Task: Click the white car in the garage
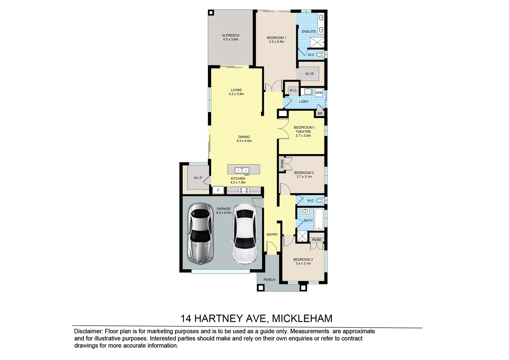pyautogui.click(x=245, y=234)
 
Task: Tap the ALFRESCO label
pyautogui.click(x=231, y=35)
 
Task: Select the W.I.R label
pyautogui.click(x=309, y=74)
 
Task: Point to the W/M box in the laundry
pyautogui.click(x=319, y=92)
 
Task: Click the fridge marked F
pyautogui.click(x=218, y=190)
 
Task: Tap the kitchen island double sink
pyautogui.click(x=242, y=170)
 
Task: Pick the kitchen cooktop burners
pyautogui.click(x=244, y=190)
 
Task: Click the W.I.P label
pyautogui.click(x=198, y=178)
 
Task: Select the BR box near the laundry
pyautogui.click(x=320, y=114)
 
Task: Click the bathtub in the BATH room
pyautogui.click(x=319, y=219)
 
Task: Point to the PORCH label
pyautogui.click(x=269, y=280)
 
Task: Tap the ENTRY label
pyautogui.click(x=272, y=235)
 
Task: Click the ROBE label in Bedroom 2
pyautogui.click(x=317, y=240)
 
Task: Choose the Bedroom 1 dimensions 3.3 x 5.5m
pyautogui.click(x=276, y=42)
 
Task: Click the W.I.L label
pyautogui.click(x=293, y=90)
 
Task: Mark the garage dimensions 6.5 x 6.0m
pyautogui.click(x=224, y=213)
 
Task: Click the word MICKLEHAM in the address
pyautogui.click(x=302, y=319)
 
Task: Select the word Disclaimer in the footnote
pyautogui.click(x=88, y=331)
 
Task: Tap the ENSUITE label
pyautogui.click(x=309, y=31)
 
